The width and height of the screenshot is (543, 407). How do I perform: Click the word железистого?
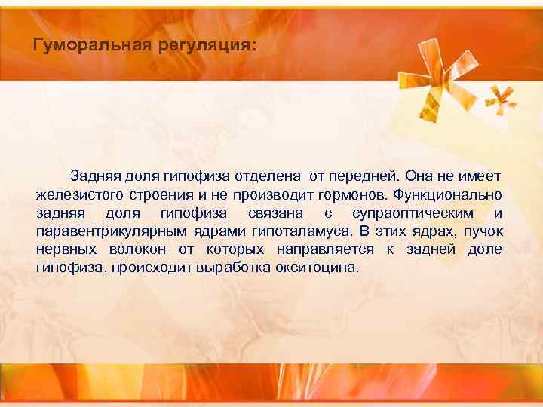(74, 194)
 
